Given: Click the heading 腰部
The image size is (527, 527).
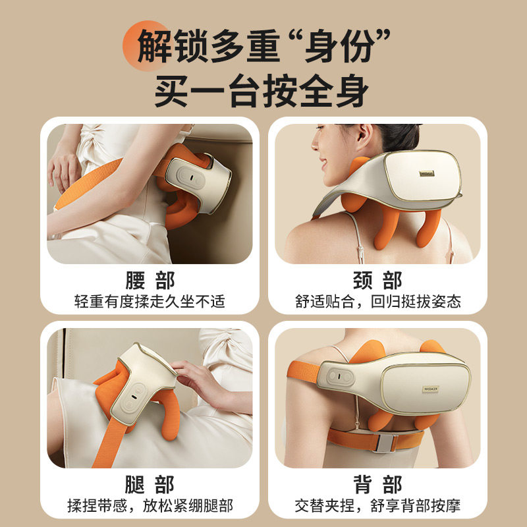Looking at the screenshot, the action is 150,281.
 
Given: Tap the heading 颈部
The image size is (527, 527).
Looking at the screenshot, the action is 377,281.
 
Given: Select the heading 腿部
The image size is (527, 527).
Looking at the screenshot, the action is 150,484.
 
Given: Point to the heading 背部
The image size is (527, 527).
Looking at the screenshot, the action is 377,484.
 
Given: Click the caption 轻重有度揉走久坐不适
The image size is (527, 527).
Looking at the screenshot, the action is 150,301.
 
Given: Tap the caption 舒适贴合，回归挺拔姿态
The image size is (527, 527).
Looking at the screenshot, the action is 377,301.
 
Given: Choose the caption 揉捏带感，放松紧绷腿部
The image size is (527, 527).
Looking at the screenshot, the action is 150,505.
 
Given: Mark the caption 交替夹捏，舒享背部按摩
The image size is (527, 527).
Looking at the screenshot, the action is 377,505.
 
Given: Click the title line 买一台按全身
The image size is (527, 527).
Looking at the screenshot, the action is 262,91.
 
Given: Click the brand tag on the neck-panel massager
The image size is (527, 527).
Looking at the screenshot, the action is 426,173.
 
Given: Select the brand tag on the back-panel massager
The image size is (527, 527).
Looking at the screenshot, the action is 431,389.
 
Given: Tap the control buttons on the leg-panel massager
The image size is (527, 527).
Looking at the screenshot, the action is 134,397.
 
